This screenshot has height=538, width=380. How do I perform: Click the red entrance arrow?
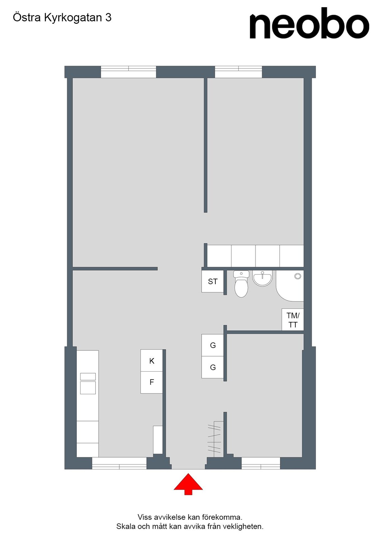188,484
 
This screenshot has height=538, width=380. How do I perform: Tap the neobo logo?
309,23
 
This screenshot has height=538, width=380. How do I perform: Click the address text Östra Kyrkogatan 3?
62,17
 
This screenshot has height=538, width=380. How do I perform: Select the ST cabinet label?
213,281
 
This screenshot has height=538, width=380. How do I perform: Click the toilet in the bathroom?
241,284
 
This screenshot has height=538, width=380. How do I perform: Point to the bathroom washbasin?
262,278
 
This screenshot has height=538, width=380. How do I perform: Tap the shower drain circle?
298,276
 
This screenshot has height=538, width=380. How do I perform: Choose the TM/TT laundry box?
293,320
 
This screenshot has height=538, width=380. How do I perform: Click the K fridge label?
152,361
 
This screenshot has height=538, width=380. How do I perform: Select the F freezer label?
152,382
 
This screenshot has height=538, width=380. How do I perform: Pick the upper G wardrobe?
213,345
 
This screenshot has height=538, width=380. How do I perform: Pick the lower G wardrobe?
213,367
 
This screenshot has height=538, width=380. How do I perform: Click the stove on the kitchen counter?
88,383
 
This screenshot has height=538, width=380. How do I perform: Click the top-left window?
128,72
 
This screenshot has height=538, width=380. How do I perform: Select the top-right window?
238,72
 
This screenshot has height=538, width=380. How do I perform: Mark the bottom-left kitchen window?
119,463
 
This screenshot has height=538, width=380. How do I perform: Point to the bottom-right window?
261,463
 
